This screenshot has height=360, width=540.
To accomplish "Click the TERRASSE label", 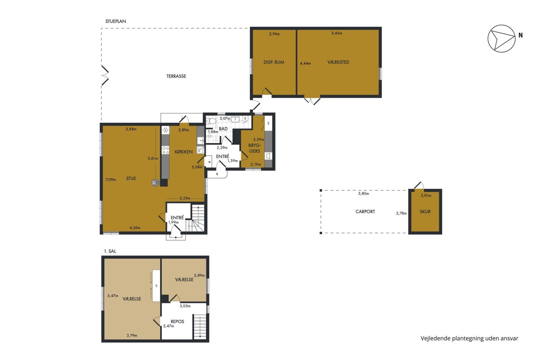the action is click(x=176, y=76).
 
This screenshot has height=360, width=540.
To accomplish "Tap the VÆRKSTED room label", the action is click(x=338, y=62).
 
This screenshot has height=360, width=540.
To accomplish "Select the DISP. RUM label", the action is click(x=274, y=62).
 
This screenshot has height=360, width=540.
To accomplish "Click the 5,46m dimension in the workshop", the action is click(x=337, y=33).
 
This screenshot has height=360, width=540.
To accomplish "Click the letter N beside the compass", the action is click(x=521, y=35).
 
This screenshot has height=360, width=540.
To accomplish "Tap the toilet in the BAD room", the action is click(x=211, y=121).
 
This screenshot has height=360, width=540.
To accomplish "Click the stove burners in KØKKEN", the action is click(x=166, y=150).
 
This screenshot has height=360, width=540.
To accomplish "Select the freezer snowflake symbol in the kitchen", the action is click(x=166, y=130).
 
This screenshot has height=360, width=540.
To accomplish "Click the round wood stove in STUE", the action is click(x=156, y=183).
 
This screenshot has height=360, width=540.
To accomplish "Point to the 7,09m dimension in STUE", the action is click(x=111, y=180).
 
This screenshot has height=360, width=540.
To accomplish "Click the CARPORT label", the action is click(x=365, y=211).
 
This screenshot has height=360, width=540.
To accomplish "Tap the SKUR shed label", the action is click(x=425, y=211).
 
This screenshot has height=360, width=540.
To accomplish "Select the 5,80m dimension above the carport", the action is click(x=364, y=193).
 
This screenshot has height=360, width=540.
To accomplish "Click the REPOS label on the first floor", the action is click(x=177, y=321).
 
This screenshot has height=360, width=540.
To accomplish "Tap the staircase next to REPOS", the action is click(x=200, y=326).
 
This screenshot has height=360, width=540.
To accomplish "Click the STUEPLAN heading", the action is click(x=116, y=21).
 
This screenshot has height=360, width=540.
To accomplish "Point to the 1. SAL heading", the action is click(x=110, y=251).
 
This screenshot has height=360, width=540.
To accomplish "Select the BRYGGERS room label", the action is click(x=255, y=148).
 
